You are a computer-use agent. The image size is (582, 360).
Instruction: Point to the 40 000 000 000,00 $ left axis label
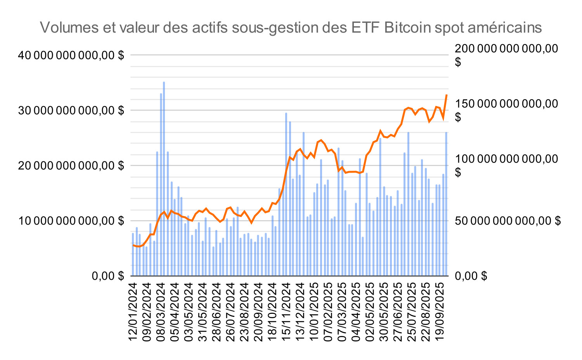71,55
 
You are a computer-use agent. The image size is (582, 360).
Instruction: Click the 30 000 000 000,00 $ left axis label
71,111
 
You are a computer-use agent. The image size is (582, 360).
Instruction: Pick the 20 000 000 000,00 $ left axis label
71,166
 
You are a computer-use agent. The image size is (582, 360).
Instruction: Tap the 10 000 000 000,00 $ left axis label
71,221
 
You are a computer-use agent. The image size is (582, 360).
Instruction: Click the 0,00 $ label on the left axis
107,276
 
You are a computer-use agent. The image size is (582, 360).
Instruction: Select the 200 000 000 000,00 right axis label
506,49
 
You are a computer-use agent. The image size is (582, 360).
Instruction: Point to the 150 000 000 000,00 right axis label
506,104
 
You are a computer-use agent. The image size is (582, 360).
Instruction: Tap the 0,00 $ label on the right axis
471,276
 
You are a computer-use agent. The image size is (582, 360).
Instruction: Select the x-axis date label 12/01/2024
133,312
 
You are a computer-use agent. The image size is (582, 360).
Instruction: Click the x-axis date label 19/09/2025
440,312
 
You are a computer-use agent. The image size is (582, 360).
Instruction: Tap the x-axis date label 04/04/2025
356,312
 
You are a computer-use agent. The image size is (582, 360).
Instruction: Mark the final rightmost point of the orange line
447,95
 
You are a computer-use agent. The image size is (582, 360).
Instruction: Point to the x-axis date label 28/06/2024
217,312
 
